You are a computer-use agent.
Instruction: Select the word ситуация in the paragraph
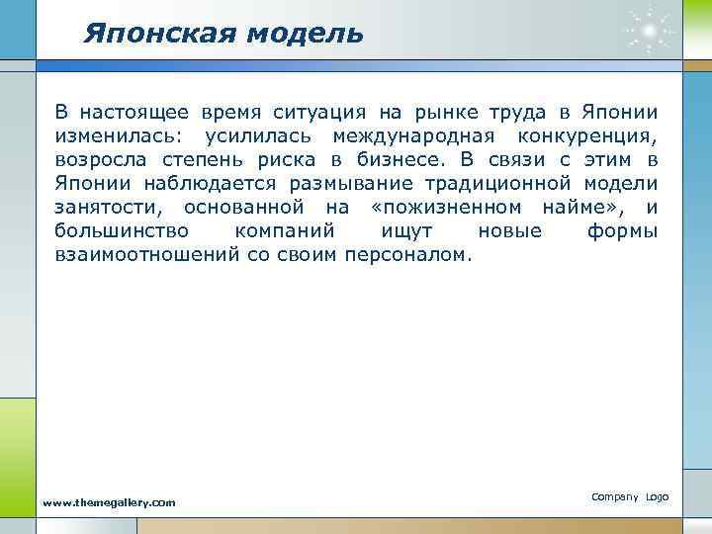point(316,112)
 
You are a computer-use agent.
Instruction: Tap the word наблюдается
point(209,183)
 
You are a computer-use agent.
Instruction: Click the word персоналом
point(408,254)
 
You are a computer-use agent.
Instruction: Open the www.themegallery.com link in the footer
point(109,502)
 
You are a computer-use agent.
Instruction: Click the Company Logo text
point(630,495)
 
